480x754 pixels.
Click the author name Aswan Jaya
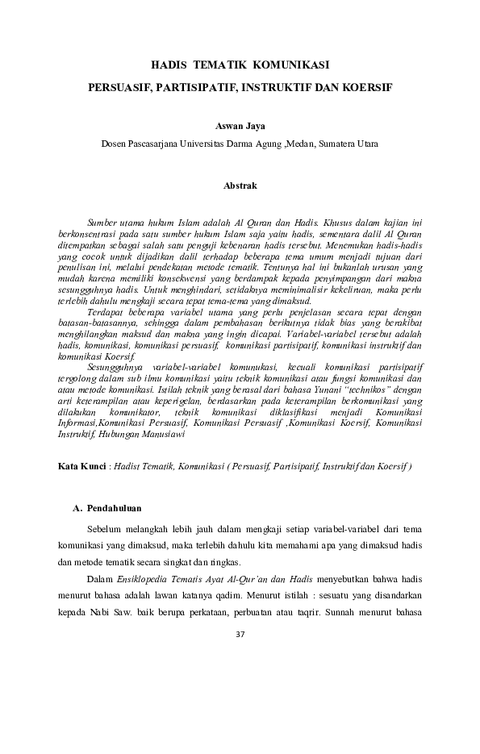[240, 127]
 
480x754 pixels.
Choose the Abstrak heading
[240, 185]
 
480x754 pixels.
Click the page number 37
[240, 634]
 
